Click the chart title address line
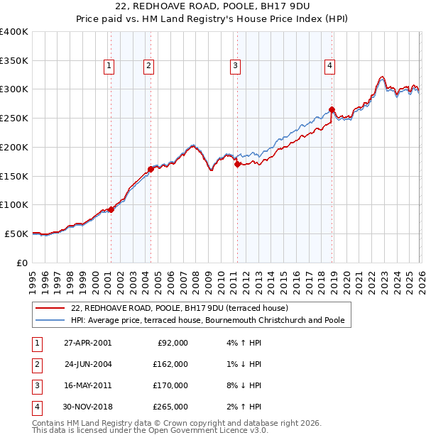coord(213,6)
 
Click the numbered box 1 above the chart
coord(109,67)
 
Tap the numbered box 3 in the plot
coord(234,67)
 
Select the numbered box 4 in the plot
coord(330,67)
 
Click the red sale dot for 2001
coord(111,209)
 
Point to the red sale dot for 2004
coord(151,169)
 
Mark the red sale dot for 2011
coord(237,164)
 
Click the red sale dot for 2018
coord(332,109)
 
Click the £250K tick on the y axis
coord(14,118)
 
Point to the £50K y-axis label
coord(16,233)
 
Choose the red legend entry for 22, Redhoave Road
coord(179,309)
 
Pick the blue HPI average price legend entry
coord(207,321)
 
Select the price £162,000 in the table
coord(170,364)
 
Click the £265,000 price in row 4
coord(170,407)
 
